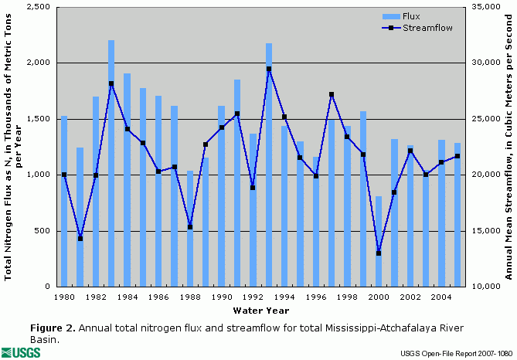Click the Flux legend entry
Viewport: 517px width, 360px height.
pos(417,15)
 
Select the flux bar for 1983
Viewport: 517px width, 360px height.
pos(111,163)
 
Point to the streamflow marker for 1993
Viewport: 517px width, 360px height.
pos(269,69)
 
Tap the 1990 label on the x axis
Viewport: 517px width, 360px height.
pos(221,297)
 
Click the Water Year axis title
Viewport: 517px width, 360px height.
pos(260,311)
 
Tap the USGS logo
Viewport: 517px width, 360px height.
pos(23,352)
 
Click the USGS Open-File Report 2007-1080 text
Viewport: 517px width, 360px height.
pos(456,354)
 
